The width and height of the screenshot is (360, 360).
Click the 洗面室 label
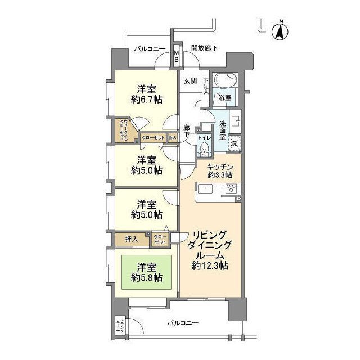pos(223,130)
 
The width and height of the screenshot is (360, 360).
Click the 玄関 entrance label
pos(190,81)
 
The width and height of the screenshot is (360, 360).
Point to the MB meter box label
pos(176,57)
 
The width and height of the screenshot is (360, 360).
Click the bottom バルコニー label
pos(183,323)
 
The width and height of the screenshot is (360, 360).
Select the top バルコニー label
pos(150,49)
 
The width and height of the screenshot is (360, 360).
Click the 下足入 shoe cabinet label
pos(206,85)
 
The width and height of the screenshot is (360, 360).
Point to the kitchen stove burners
pos(231,188)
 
